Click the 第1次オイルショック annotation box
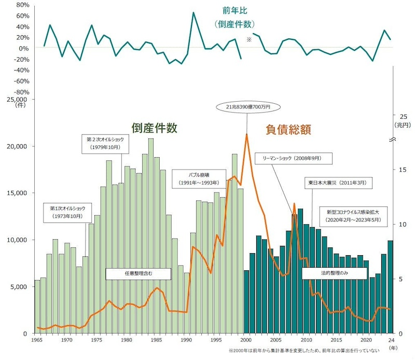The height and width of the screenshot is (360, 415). coord(64,212)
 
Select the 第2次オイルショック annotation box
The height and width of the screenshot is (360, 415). coord(102,143)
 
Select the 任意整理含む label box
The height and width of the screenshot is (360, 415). coord(139,273)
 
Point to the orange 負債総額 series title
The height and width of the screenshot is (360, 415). coord(289,130)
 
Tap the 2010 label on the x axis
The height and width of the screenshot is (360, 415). coord(306,340)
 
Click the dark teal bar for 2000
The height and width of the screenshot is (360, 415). coord(246,301)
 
